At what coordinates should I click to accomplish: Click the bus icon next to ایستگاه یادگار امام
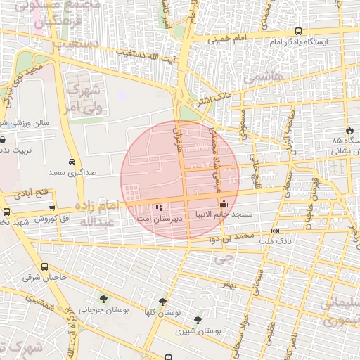299,32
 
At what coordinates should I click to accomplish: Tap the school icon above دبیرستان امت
159,207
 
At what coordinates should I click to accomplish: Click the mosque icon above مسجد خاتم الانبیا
224,205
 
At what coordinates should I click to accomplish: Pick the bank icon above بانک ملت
274,230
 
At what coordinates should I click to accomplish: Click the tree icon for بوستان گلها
163,302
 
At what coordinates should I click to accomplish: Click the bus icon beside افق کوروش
52,207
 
